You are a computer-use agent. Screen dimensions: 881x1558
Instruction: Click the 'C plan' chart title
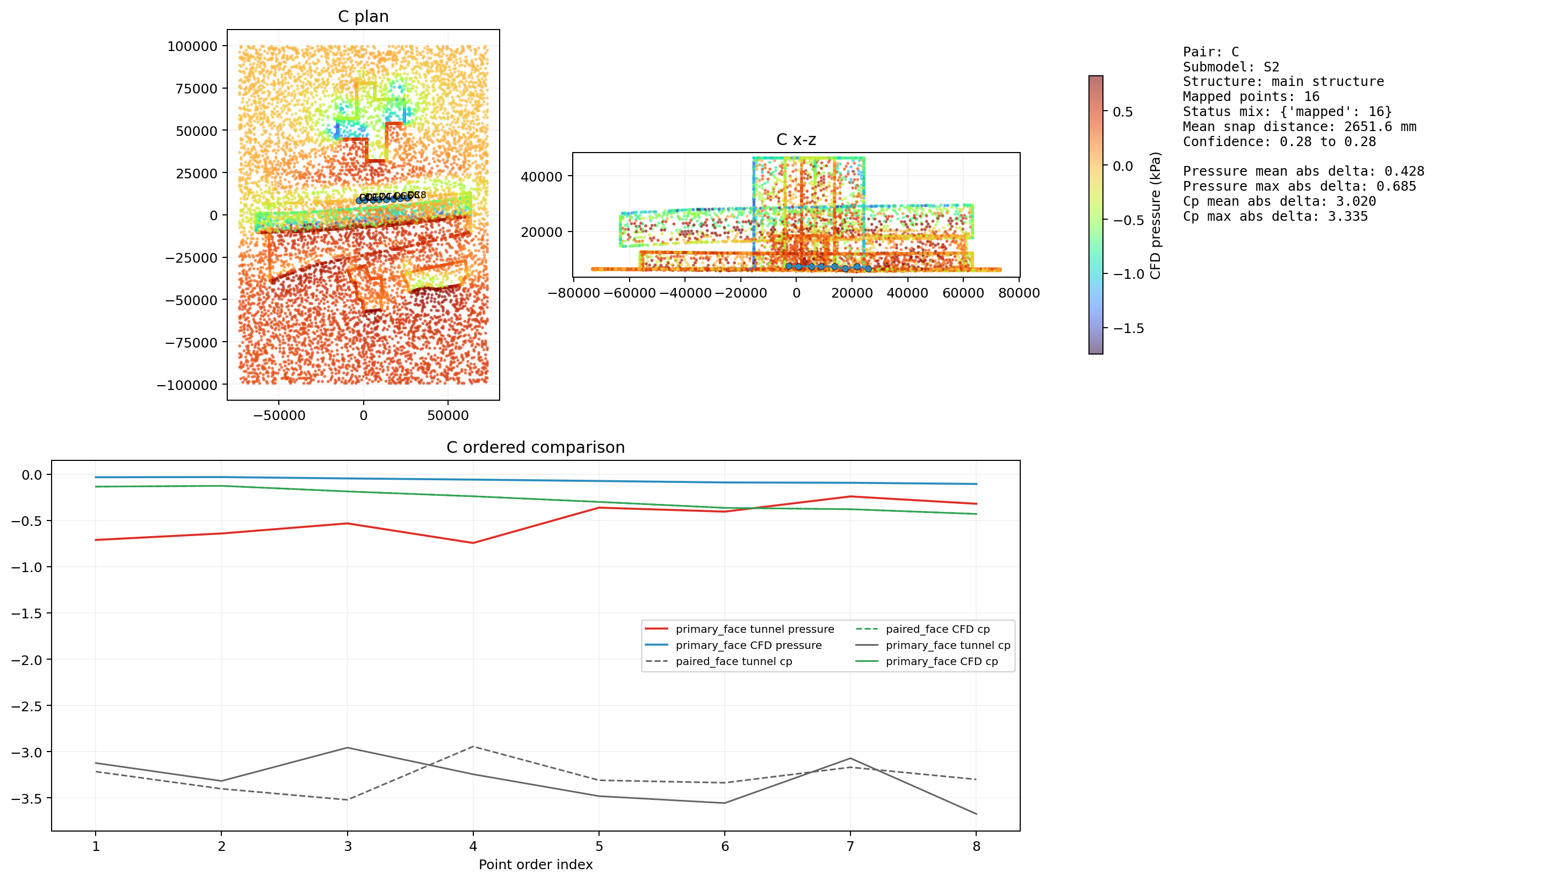click(x=363, y=16)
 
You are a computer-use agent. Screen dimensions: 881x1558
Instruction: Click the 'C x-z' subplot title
click(x=796, y=140)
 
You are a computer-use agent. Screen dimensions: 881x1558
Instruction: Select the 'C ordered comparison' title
click(x=535, y=447)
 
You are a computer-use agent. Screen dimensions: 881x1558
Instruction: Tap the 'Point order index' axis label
click(x=535, y=864)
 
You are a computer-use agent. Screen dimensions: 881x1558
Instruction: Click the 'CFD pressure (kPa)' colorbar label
click(x=1155, y=215)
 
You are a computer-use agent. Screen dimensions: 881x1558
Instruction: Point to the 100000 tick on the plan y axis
click(x=192, y=47)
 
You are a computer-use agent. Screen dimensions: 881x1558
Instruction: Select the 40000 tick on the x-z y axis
click(x=542, y=177)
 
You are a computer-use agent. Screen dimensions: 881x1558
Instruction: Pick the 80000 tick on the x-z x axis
click(x=1019, y=293)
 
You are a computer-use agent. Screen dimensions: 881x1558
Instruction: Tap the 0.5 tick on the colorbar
click(x=1122, y=112)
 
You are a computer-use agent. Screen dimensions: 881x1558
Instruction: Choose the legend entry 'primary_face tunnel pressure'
click(x=754, y=629)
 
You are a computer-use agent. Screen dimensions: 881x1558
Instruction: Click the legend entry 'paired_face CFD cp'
click(x=937, y=629)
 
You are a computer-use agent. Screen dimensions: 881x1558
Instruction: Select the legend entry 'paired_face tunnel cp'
click(x=733, y=661)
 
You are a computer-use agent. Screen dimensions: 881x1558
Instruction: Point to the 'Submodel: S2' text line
click(x=1231, y=67)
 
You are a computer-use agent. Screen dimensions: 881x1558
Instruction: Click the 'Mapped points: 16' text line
click(x=1251, y=97)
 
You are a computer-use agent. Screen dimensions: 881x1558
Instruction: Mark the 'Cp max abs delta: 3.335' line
click(x=1275, y=216)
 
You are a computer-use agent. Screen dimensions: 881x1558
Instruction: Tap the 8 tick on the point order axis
click(x=976, y=847)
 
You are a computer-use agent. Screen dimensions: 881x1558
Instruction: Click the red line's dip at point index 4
click(x=473, y=543)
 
